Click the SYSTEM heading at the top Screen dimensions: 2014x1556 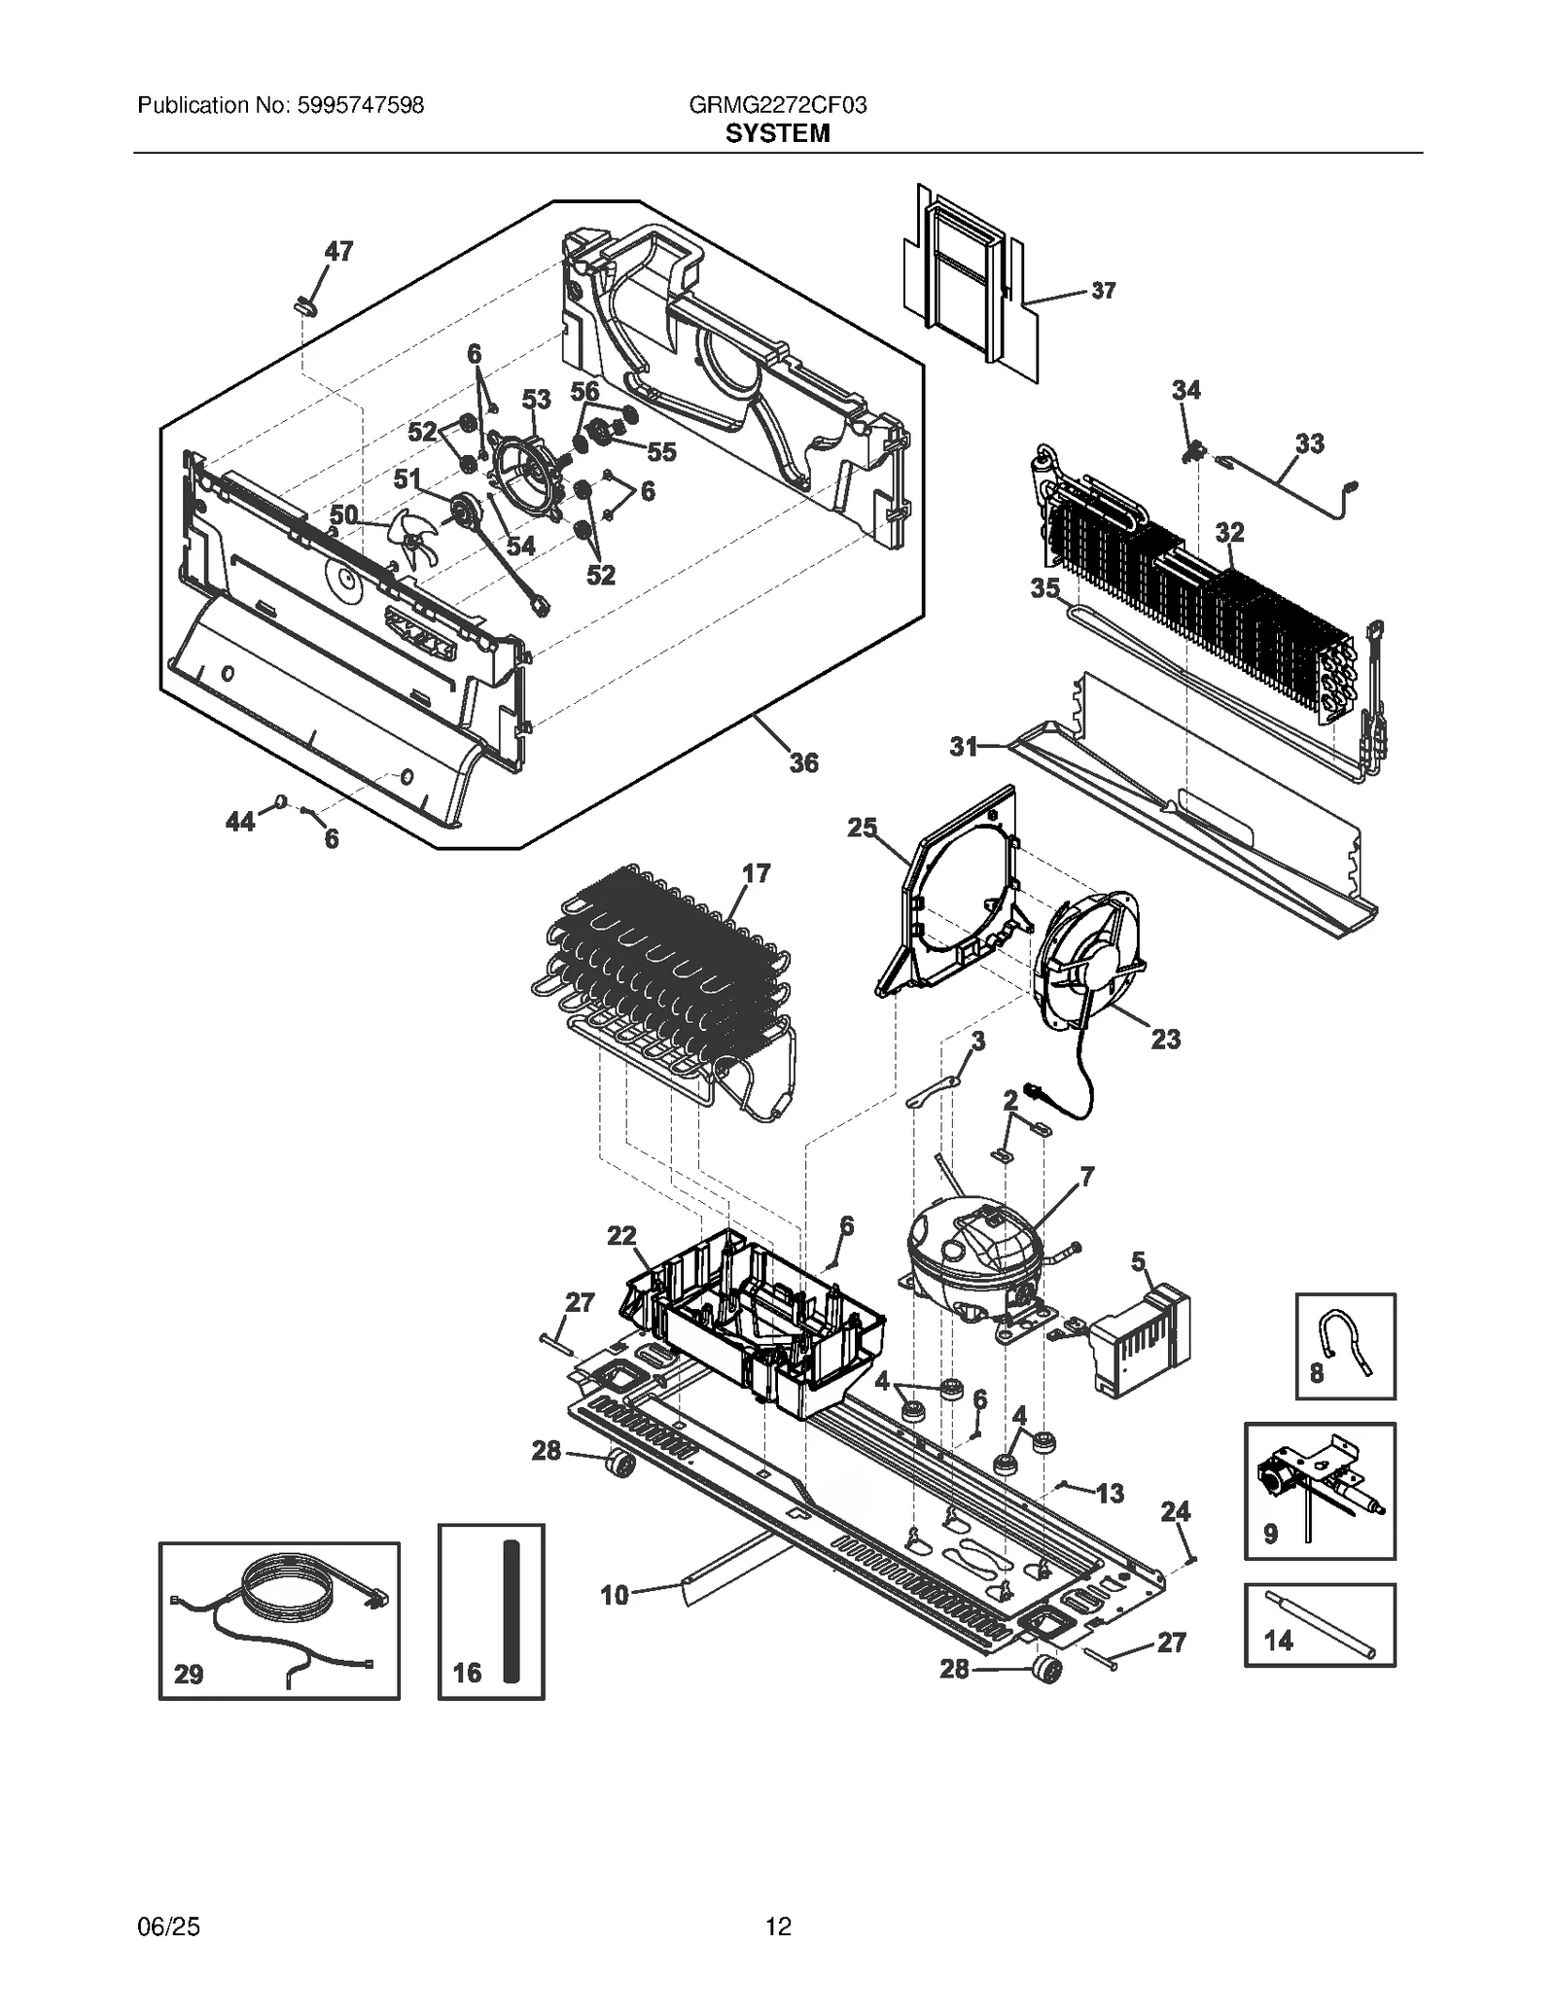(777, 133)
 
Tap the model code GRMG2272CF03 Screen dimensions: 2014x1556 (777, 105)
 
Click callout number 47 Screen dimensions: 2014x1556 (337, 252)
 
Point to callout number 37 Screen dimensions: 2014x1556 (1103, 290)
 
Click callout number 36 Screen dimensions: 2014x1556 (803, 763)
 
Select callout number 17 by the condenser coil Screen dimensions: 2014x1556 (756, 873)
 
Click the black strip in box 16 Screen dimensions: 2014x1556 (513, 1610)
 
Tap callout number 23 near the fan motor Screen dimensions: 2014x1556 (1165, 1040)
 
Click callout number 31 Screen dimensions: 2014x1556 (963, 746)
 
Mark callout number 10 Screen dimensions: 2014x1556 (615, 1595)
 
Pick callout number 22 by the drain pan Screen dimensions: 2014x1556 (621, 1236)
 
